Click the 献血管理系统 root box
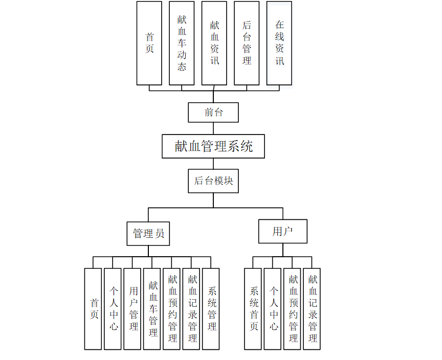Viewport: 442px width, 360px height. [x=213, y=146]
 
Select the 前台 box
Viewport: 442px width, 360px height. [x=213, y=112]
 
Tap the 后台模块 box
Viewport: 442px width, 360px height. [x=213, y=181]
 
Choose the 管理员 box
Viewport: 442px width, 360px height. [x=148, y=233]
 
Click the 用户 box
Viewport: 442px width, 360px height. [x=282, y=231]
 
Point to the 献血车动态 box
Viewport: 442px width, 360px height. [x=182, y=43]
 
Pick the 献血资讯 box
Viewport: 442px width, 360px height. [x=214, y=43]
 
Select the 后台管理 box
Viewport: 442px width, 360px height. [x=247, y=43]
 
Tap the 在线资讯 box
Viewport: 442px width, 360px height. [x=279, y=43]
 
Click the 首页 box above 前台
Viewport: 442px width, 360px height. [x=149, y=43]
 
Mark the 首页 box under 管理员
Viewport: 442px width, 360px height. [x=93, y=309]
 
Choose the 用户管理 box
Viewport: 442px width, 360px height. [x=132, y=309]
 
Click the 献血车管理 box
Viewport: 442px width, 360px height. [x=152, y=309]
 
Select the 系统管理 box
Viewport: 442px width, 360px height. [x=211, y=309]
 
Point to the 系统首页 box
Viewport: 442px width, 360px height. [x=253, y=309]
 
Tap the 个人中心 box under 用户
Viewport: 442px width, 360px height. [x=273, y=309]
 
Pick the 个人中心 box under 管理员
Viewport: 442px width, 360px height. [x=113, y=309]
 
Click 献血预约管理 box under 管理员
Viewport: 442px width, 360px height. [x=171, y=309]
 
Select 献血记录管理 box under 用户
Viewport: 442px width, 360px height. [x=312, y=309]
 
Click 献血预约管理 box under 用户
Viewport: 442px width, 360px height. [x=292, y=309]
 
